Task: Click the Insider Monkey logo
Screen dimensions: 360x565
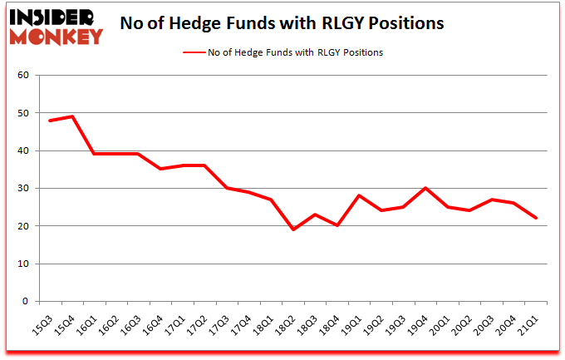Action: click(x=56, y=26)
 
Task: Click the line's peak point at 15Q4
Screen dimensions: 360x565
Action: click(x=72, y=116)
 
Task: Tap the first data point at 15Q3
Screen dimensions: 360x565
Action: click(x=50, y=121)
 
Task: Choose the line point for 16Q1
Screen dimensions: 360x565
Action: click(x=94, y=154)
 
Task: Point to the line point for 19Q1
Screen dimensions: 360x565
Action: click(x=359, y=195)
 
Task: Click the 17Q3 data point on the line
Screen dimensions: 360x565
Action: click(x=227, y=188)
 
